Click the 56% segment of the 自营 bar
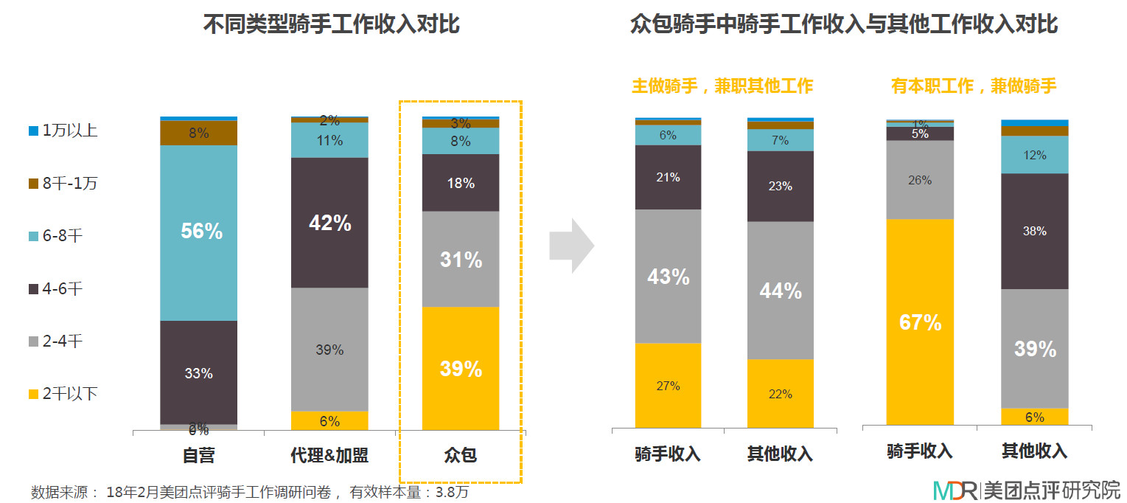199,232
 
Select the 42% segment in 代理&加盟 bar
329,222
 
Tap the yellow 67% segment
920,322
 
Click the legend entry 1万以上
63,131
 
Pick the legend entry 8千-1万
63,184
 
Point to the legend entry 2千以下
63,394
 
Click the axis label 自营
199,455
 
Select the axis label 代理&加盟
329,455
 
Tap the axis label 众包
461,455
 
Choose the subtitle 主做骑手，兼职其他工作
722,86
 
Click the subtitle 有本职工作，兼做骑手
974,86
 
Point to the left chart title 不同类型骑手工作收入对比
331,25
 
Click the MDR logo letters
955,490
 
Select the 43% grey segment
669,277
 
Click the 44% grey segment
781,291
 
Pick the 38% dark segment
1034,231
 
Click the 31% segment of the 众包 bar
461,259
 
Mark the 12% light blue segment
1034,155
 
